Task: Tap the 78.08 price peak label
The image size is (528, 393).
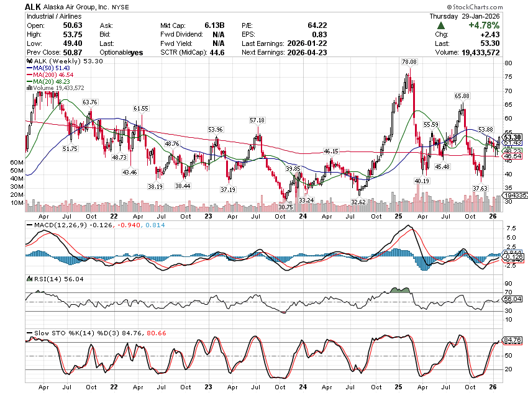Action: pos(409,62)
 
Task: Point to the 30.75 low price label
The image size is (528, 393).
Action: pos(285,207)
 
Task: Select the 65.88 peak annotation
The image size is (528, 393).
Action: pos(461,96)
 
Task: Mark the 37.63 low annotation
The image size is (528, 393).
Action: pos(480,188)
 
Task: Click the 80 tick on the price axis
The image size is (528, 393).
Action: pos(508,63)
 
